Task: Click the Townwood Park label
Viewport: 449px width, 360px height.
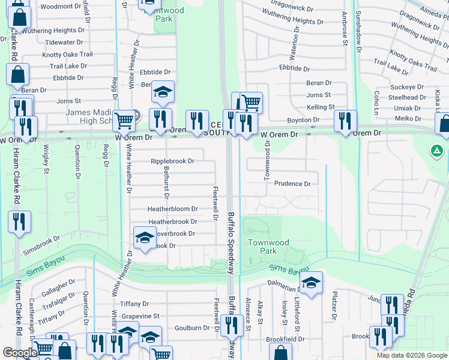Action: (x=269, y=247)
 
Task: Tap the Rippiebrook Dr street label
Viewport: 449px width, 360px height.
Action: (x=172, y=161)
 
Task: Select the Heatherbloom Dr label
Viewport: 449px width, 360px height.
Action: (x=173, y=209)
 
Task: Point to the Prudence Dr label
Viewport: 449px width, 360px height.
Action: (x=292, y=184)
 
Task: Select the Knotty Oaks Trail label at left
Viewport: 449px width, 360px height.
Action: (x=67, y=55)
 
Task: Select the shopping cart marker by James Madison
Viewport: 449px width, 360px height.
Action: (x=124, y=120)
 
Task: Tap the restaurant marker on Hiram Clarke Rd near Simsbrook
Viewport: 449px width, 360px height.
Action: (x=19, y=221)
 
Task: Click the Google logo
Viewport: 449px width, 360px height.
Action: (x=20, y=353)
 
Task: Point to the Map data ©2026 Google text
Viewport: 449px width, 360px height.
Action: (x=412, y=355)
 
